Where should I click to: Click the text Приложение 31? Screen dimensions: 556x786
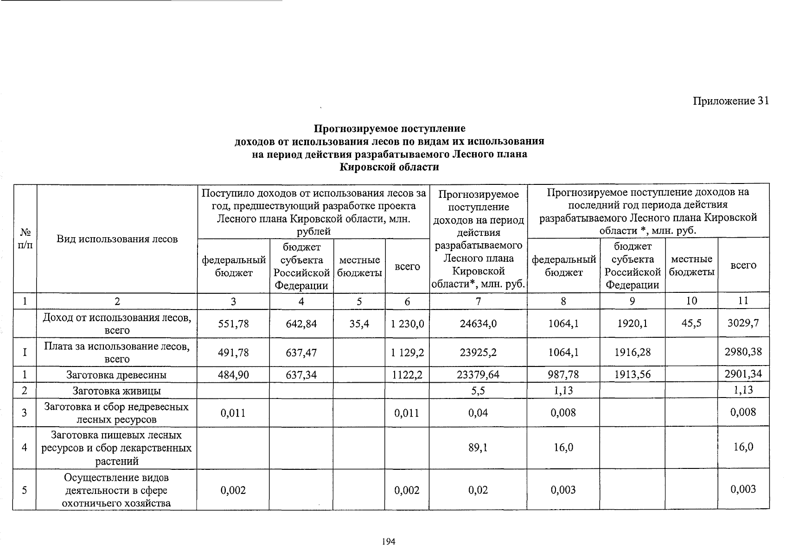pos(731,101)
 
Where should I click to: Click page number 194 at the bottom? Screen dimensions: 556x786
pos(389,541)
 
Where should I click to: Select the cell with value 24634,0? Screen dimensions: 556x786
pos(478,323)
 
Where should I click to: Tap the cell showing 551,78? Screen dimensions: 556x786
pos(233,323)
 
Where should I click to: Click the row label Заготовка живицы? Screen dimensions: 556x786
pos(117,391)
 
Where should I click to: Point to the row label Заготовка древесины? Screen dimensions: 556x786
pos(117,375)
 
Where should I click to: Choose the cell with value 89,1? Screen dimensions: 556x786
pos(478,448)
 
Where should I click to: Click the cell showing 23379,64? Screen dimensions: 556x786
pos(478,374)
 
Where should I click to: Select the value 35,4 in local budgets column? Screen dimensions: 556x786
pos(359,323)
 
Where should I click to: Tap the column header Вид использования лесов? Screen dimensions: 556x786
pos(117,239)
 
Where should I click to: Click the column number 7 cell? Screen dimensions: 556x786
pos(478,301)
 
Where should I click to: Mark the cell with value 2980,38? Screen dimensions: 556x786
pos(743,352)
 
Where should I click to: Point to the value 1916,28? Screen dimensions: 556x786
pos(632,352)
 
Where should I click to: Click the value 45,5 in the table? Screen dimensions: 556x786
pos(691,323)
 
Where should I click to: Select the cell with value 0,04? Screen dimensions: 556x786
pos(478,412)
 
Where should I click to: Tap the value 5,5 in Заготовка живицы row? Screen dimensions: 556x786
pos(478,391)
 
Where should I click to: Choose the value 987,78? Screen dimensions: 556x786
pos(563,374)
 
